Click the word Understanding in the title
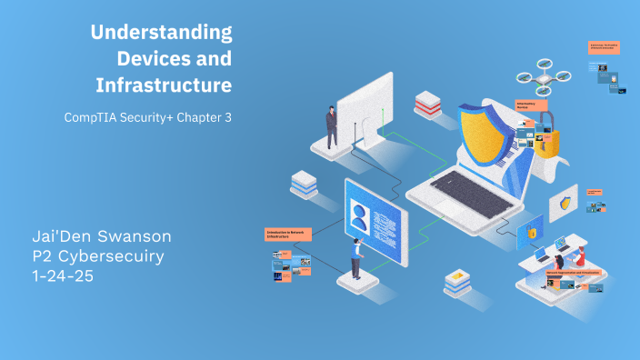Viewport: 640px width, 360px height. click(x=161, y=33)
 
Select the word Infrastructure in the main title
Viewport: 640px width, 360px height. click(x=163, y=85)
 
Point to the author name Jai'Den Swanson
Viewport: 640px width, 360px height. click(x=101, y=237)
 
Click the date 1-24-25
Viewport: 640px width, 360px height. click(x=63, y=275)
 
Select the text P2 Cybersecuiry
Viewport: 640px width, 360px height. click(x=97, y=256)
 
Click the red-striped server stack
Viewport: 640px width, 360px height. click(x=427, y=104)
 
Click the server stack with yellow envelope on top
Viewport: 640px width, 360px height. click(x=456, y=283)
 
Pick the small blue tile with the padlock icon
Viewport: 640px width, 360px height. click(x=532, y=234)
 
